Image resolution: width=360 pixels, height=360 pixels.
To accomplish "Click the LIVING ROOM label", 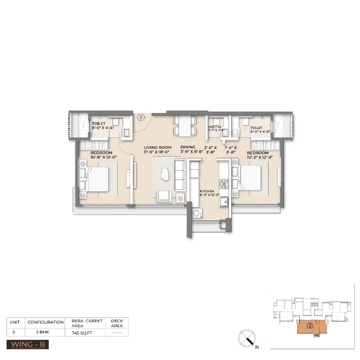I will coord(157,148).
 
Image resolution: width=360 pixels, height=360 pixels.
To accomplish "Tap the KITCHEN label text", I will coord(207,192).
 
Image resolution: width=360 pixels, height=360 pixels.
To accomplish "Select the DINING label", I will coord(188,148).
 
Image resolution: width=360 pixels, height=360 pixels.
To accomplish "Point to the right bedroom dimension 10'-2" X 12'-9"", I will coord(257,158).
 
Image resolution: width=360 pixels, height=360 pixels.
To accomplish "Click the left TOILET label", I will coord(98,124).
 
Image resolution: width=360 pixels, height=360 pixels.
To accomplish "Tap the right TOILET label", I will coord(256,127).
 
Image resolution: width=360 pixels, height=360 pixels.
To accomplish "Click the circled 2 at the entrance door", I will coord(141,118).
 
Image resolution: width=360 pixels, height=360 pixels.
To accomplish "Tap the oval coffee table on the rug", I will coord(165,174).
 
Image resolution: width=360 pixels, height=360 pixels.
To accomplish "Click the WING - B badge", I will coord(28,345).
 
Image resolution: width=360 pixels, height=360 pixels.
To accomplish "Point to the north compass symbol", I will coord(247,338).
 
